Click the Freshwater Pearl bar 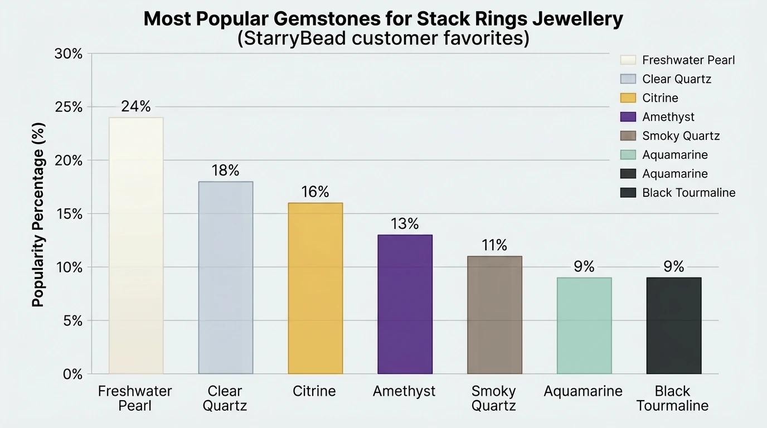point(136,245)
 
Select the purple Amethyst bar point(405,304)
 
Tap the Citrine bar point(315,288)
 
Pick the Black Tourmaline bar point(673,325)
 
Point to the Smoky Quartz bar point(494,314)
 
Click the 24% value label point(136,106)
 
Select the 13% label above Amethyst point(405,224)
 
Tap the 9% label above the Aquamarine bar point(584,267)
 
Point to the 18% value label point(225,171)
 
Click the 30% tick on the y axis point(69,54)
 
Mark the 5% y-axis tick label point(72,321)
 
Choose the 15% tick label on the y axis point(69,214)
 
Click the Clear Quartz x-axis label point(225,398)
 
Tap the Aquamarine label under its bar point(583,391)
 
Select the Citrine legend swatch point(628,98)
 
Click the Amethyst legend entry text point(668,117)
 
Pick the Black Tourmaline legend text point(688,193)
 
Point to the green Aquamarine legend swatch point(628,155)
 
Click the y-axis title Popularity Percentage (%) point(38,215)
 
